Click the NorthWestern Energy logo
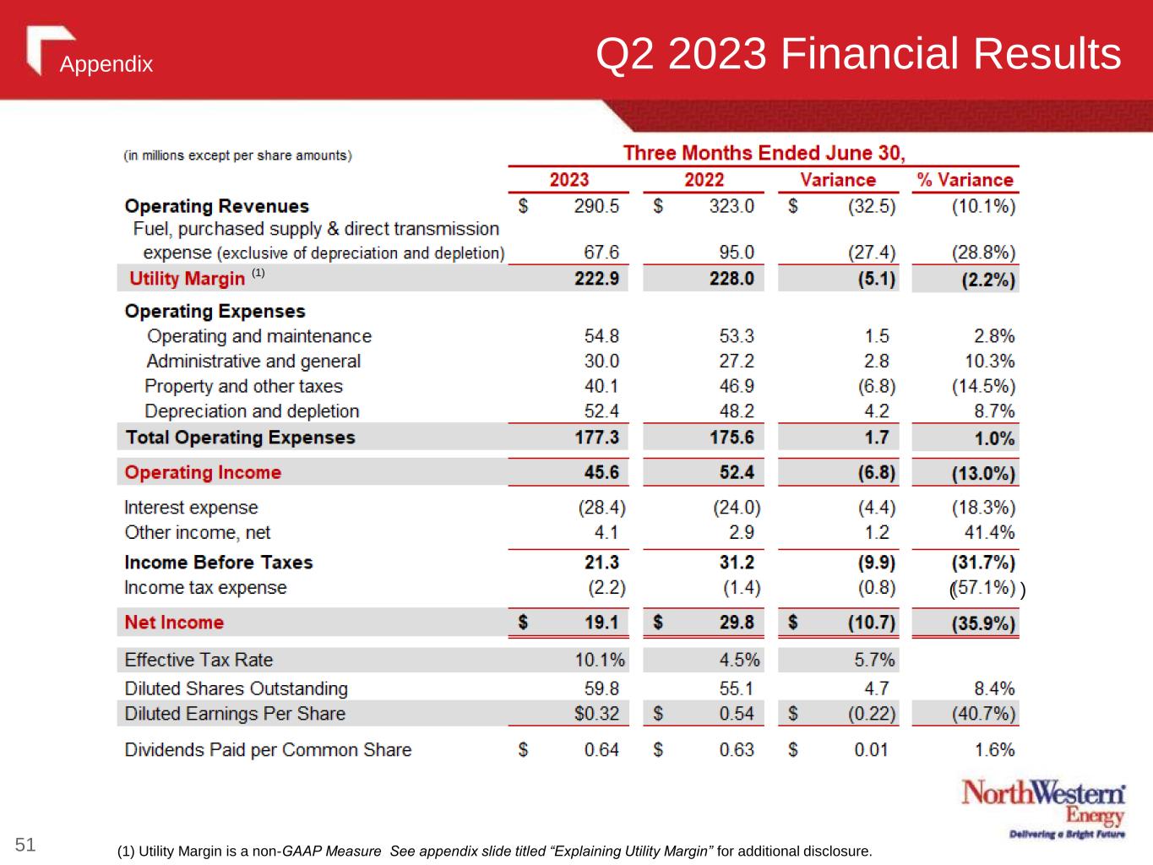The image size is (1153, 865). click(x=1043, y=809)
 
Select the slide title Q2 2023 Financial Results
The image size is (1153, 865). click(x=858, y=54)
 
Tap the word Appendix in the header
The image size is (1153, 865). click(x=106, y=64)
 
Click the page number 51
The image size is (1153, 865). click(x=26, y=844)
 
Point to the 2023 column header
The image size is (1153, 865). click(x=568, y=180)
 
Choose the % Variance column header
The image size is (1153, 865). click(x=965, y=180)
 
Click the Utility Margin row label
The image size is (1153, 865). click(x=187, y=279)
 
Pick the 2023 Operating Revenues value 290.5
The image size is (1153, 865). click(x=596, y=206)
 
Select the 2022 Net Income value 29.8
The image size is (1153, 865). click(x=737, y=623)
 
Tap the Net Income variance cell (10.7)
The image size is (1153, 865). click(x=872, y=623)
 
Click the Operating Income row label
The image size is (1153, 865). click(x=203, y=472)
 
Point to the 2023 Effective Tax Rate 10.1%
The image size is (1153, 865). click(x=600, y=660)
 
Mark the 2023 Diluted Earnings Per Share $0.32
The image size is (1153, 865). click(x=596, y=714)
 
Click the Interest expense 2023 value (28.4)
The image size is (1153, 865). click(x=601, y=508)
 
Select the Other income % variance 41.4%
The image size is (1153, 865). click(x=989, y=532)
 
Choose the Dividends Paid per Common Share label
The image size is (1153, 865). click(x=268, y=750)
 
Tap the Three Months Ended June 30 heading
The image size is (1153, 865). click(x=764, y=153)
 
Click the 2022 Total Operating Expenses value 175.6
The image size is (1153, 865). click(x=732, y=438)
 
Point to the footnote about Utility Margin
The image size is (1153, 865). click(x=494, y=851)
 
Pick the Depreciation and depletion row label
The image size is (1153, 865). click(x=252, y=411)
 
